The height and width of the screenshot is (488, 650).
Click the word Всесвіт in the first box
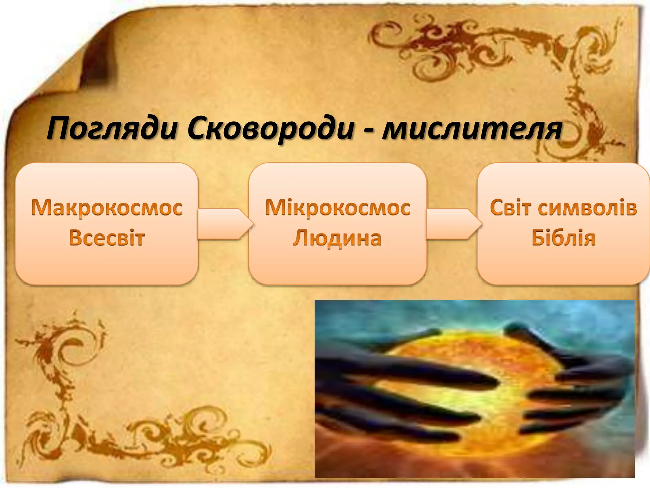[x=107, y=238]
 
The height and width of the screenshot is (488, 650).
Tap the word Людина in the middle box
[x=337, y=238]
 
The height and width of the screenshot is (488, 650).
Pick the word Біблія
[x=563, y=238]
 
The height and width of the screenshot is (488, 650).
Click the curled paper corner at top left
[x=95, y=57]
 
